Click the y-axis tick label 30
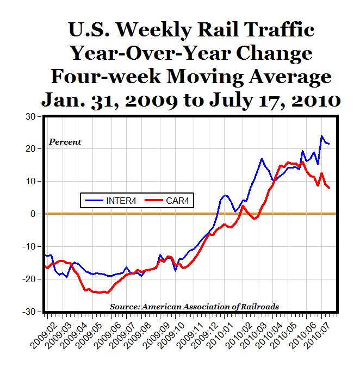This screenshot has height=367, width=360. [29, 116]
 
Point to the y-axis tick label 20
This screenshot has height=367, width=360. [29, 149]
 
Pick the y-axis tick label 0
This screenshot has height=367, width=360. [33, 214]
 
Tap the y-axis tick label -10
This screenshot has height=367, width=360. [27, 246]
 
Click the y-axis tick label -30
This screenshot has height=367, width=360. [27, 312]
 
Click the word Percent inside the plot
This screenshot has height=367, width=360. [65, 142]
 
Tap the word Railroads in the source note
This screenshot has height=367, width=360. [260, 307]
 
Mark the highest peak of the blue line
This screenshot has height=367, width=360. [321, 136]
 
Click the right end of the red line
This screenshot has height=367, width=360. [330, 188]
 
